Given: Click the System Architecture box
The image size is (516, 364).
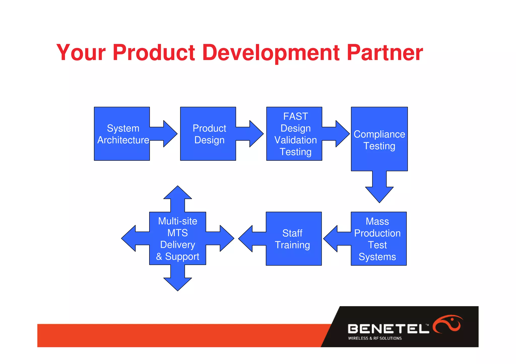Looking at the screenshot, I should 122,134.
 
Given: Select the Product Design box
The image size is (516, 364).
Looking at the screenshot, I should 208,134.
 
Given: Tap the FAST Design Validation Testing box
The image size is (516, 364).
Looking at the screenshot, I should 294,134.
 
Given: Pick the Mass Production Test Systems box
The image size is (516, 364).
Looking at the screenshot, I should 378,239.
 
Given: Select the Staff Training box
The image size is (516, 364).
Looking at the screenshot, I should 294,239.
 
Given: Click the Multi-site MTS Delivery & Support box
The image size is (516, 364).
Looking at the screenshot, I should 178,238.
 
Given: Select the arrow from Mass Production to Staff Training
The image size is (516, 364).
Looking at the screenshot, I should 335,239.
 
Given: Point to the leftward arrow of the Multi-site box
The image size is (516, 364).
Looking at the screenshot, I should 134,238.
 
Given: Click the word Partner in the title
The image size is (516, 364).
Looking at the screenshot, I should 385,53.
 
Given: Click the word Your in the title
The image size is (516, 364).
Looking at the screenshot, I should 81,53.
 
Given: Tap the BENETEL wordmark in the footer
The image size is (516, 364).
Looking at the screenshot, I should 388,329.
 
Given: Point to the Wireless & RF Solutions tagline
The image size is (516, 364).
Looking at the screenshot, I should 375,338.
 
